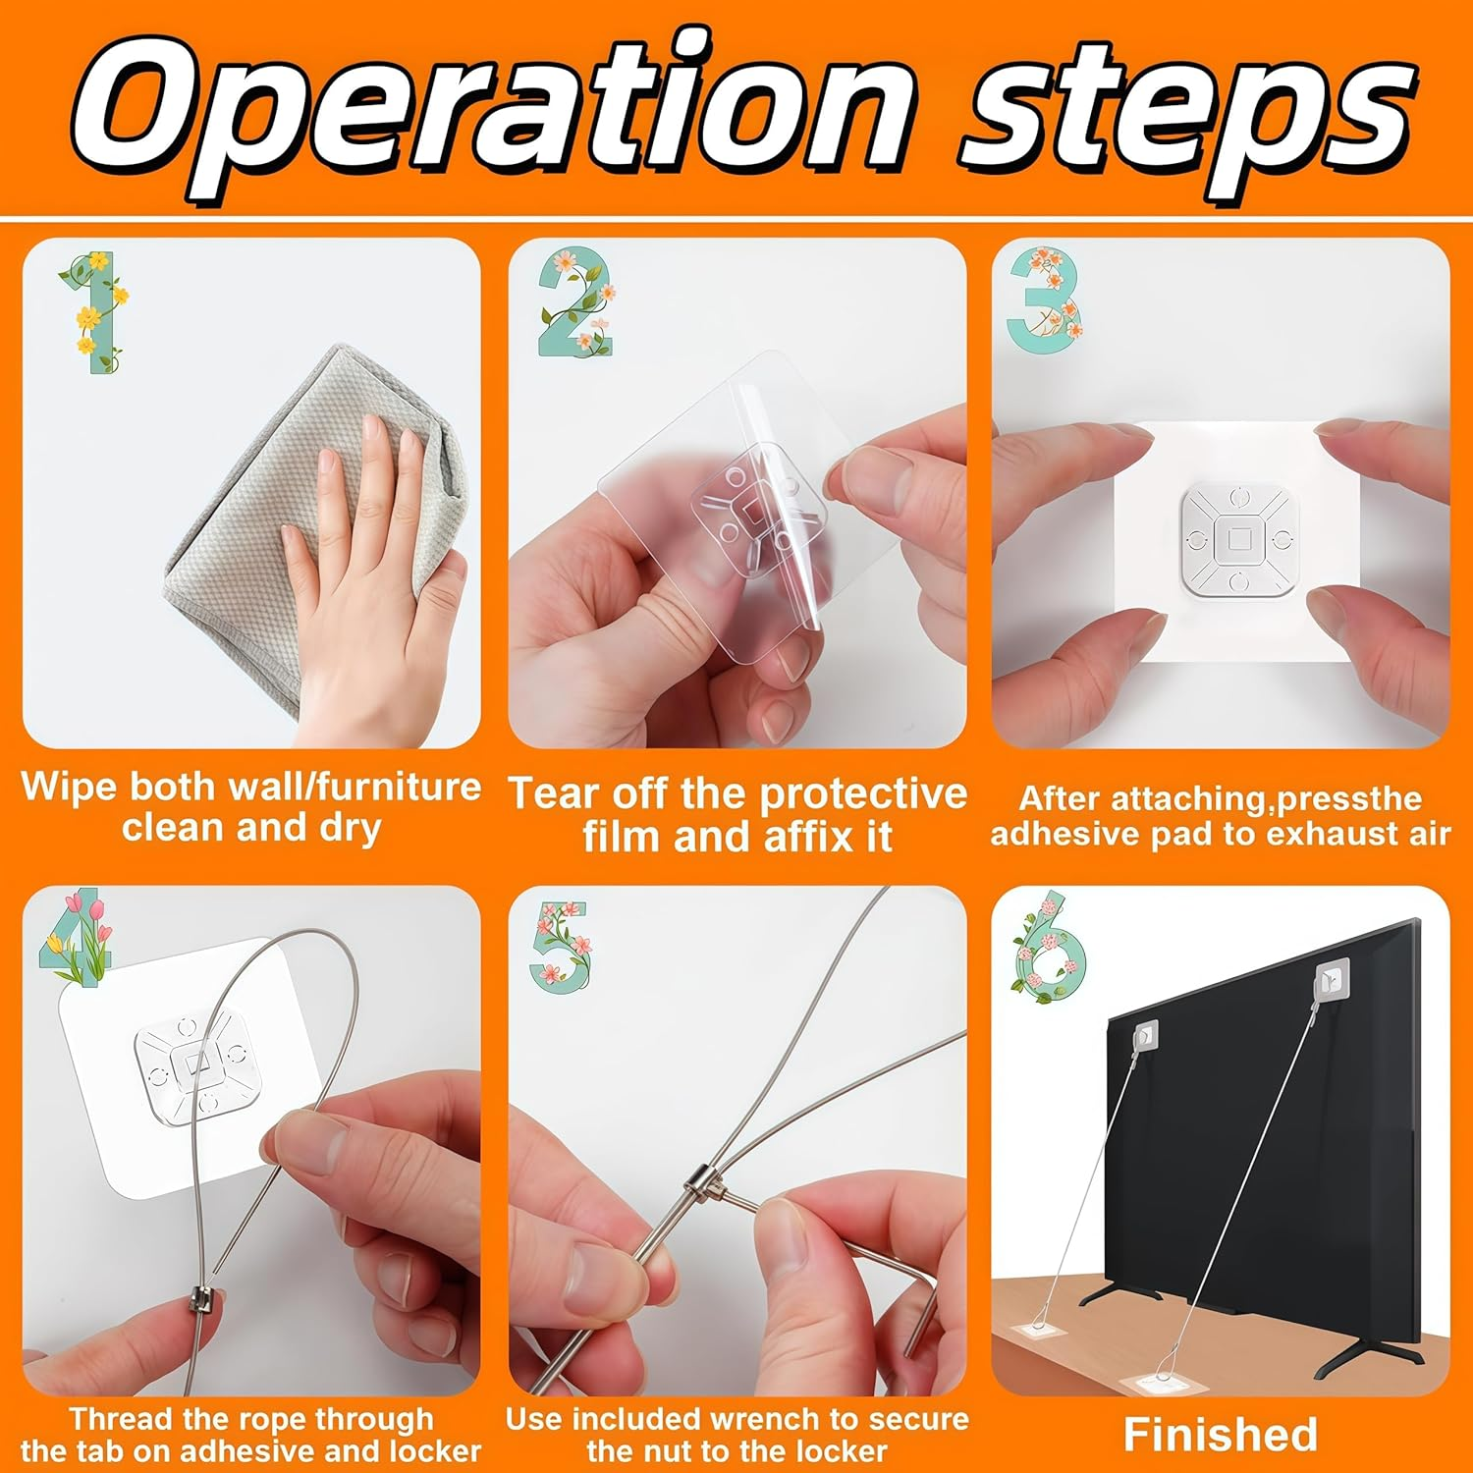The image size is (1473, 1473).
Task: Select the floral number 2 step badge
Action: (x=577, y=301)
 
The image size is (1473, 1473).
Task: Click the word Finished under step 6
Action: (x=1221, y=1434)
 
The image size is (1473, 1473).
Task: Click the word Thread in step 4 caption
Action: (x=121, y=1419)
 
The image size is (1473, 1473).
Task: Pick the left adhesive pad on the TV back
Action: (x=1146, y=1034)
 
